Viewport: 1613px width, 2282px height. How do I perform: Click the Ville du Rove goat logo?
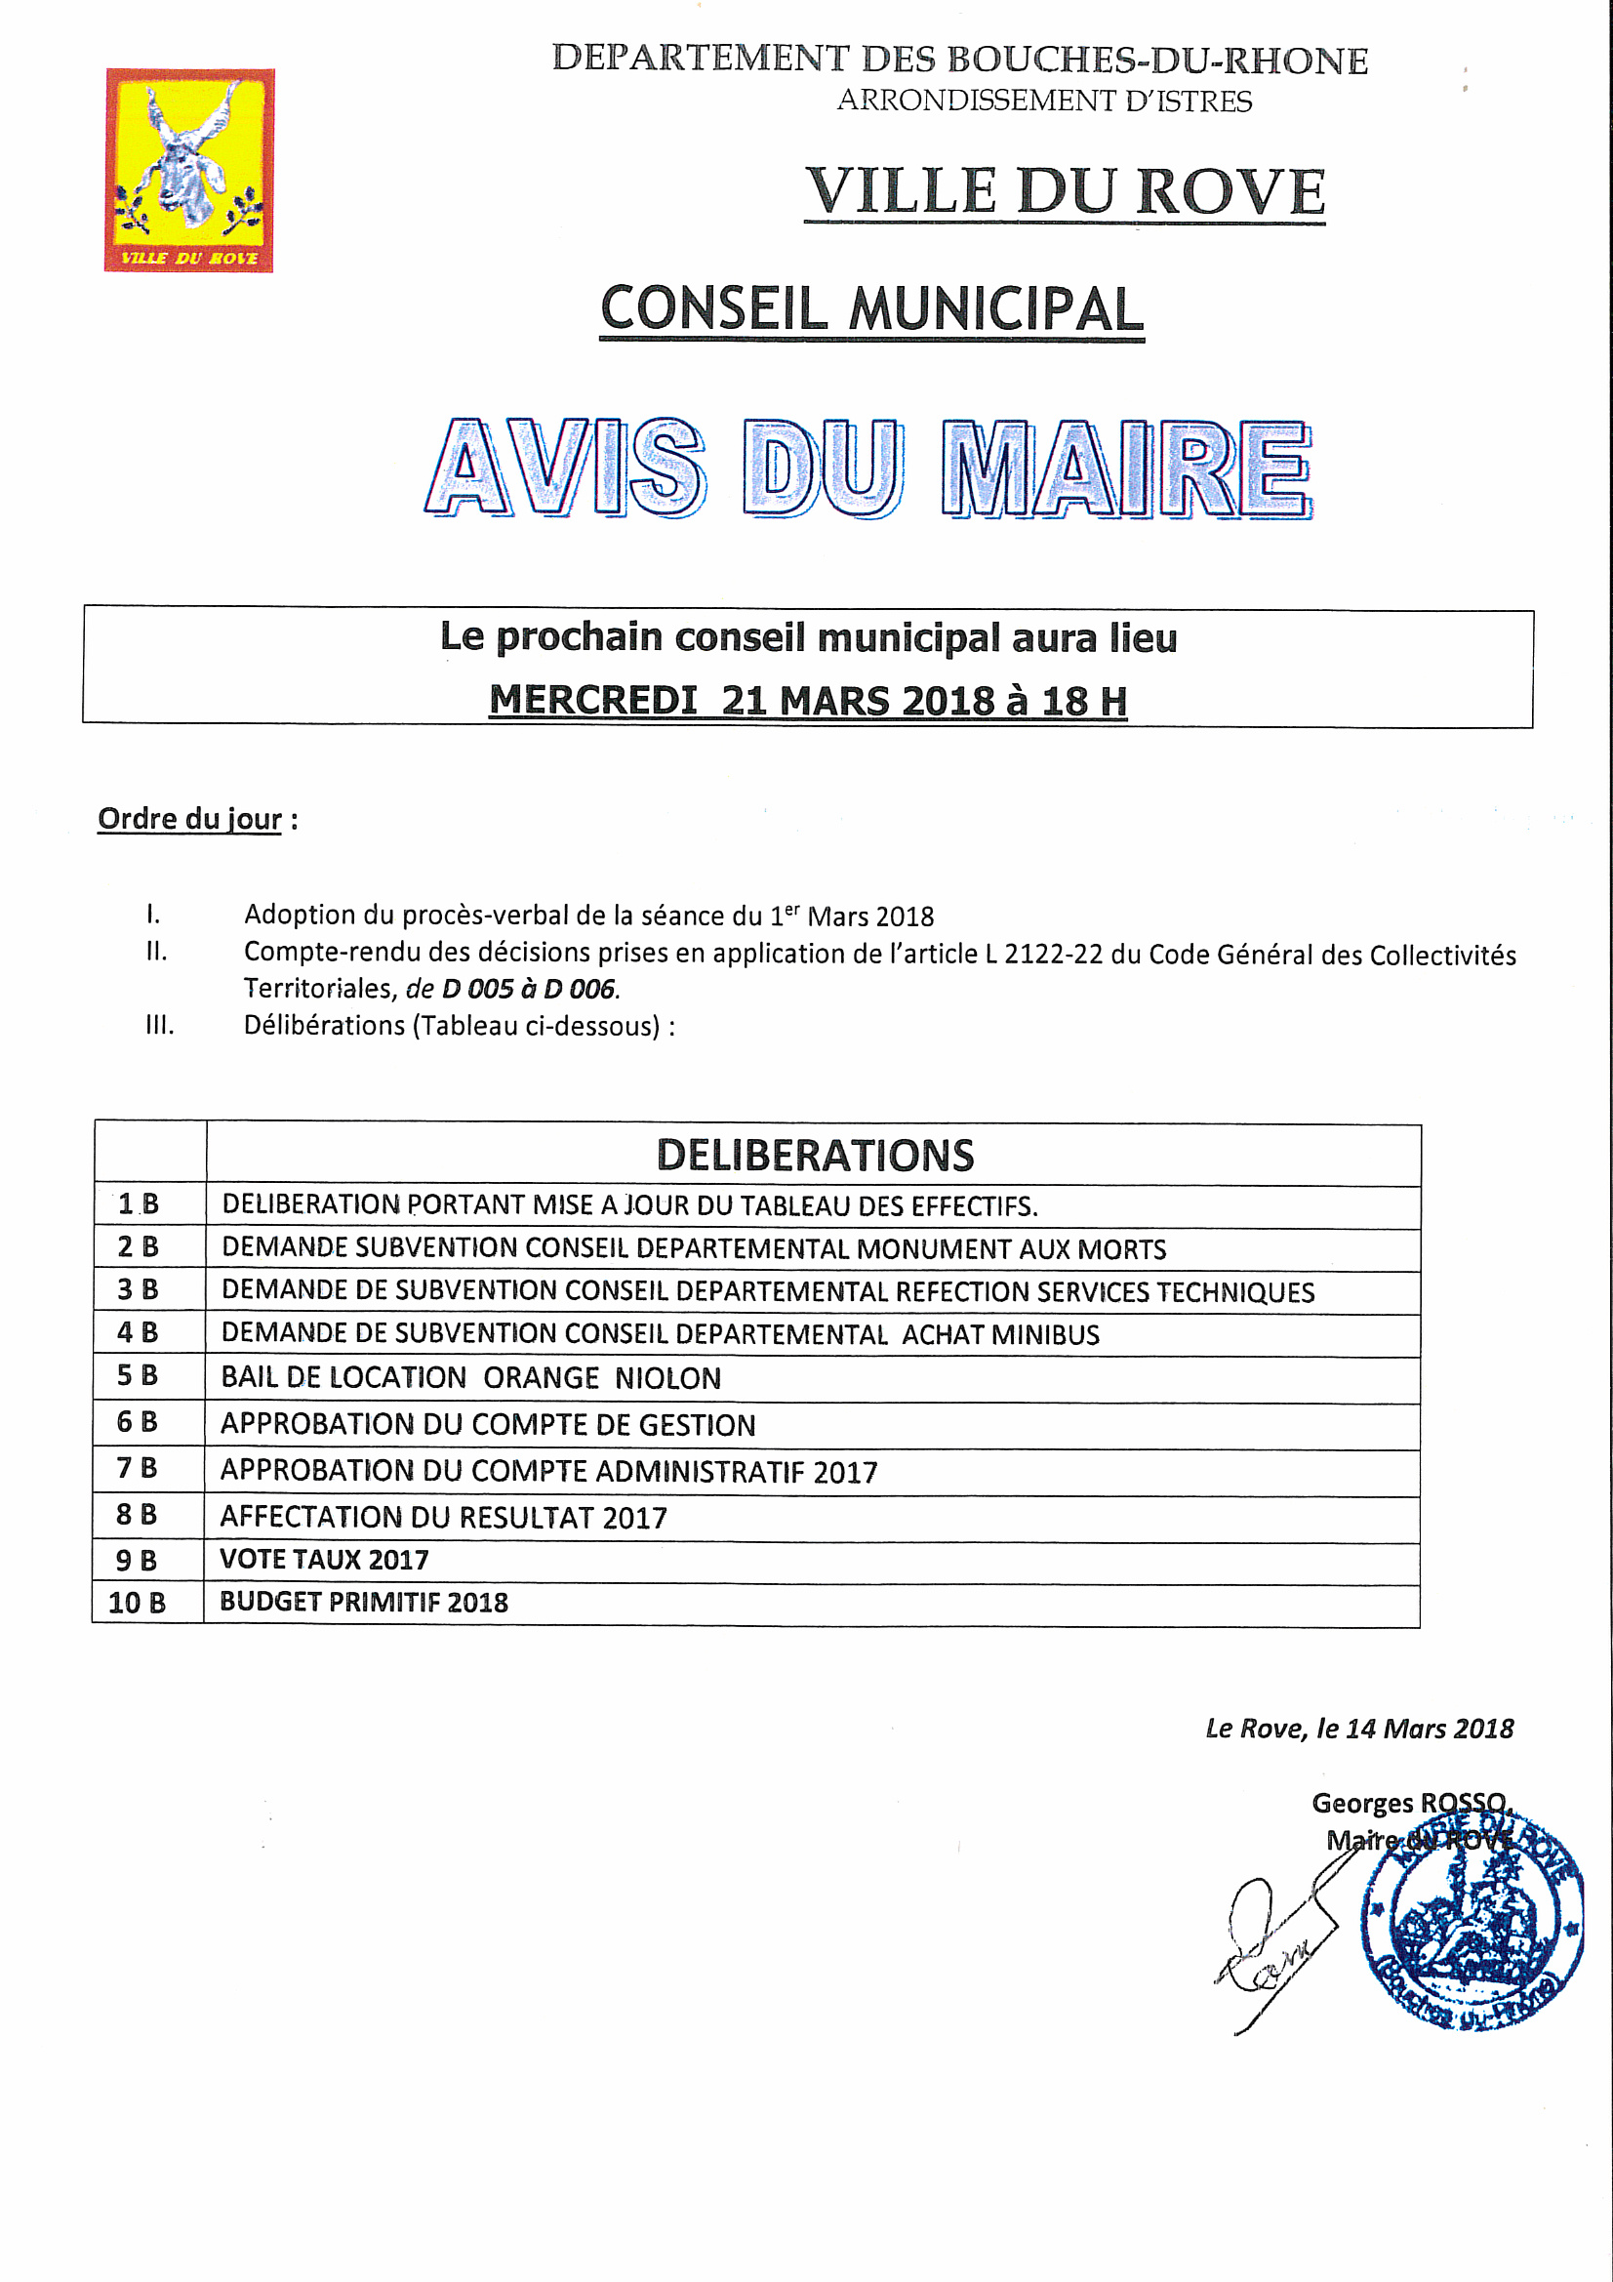tap(189, 170)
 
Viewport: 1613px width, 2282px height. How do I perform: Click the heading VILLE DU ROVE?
tap(1065, 191)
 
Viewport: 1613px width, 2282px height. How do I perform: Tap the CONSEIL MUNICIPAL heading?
tap(871, 309)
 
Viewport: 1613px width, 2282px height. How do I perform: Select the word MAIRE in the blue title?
tap(1126, 469)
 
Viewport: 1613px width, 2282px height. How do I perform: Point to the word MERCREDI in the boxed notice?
tap(593, 701)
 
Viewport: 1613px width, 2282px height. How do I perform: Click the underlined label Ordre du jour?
tap(190, 819)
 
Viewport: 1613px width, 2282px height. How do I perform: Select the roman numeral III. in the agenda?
tap(159, 1025)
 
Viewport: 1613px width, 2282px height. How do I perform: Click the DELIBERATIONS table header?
tap(815, 1155)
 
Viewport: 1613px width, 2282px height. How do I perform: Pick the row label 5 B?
tap(138, 1375)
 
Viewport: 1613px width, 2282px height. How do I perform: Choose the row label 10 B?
tap(138, 1602)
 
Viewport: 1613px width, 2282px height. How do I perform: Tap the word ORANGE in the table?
tap(541, 1377)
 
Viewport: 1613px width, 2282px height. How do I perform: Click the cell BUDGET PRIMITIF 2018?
tap(364, 1602)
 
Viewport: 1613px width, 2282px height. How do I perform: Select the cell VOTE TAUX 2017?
tap(324, 1560)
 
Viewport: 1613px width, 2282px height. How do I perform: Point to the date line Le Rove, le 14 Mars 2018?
tap(1358, 1729)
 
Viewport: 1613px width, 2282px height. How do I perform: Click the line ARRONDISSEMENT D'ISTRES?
tap(1044, 101)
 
